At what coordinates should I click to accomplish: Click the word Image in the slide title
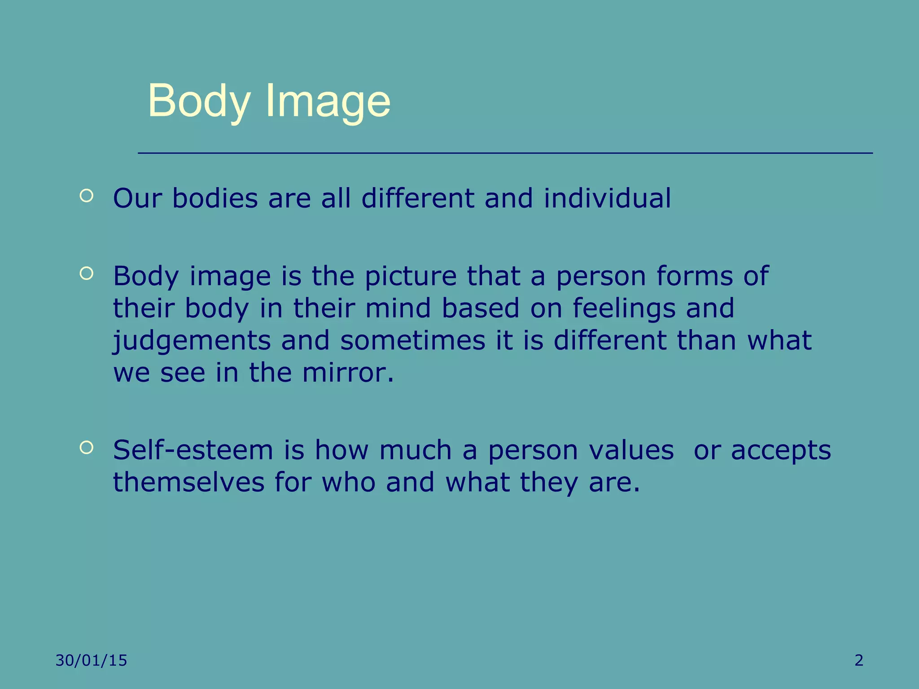point(328,101)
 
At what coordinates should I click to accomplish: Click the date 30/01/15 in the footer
point(92,660)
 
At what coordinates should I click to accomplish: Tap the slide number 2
point(859,660)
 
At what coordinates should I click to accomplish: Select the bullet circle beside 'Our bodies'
point(86,196)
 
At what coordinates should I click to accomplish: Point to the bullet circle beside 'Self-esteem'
point(86,447)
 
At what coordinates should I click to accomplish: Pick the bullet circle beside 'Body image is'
point(86,273)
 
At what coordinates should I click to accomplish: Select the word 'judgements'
point(192,341)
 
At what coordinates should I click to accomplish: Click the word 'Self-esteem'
point(193,450)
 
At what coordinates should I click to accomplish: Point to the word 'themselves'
point(188,482)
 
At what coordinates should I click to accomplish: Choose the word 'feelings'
point(624,309)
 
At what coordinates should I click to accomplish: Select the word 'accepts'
point(781,451)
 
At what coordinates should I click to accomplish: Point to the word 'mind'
point(398,308)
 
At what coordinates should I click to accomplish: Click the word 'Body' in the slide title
point(199,101)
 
